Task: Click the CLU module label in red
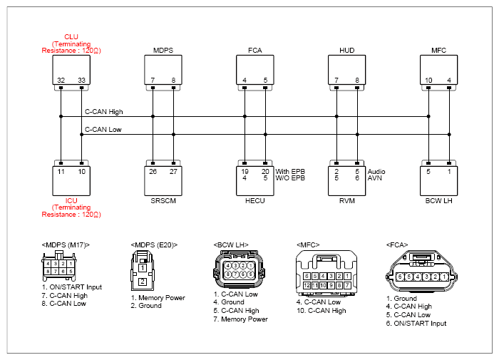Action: tap(71, 36)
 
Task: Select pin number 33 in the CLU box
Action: tap(82, 81)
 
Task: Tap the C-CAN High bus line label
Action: tap(104, 112)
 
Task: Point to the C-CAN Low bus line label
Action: tap(103, 130)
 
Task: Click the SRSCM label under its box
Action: tap(163, 201)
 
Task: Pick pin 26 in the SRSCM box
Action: tap(153, 172)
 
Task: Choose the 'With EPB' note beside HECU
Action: tap(290, 172)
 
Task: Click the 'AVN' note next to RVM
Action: tap(374, 178)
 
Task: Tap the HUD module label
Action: tap(347, 51)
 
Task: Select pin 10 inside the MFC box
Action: tap(428, 81)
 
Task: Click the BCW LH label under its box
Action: tap(438, 201)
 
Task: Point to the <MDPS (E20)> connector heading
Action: tap(154, 245)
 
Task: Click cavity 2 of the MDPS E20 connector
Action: tap(143, 282)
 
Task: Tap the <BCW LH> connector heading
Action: tap(231, 245)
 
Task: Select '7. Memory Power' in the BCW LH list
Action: tap(241, 319)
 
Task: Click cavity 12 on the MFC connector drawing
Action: tap(307, 285)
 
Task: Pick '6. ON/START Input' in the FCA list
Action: tap(416, 324)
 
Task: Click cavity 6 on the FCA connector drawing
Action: tap(400, 277)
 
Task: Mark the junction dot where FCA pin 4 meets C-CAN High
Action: tap(245, 116)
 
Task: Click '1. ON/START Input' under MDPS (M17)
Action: tap(71, 287)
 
